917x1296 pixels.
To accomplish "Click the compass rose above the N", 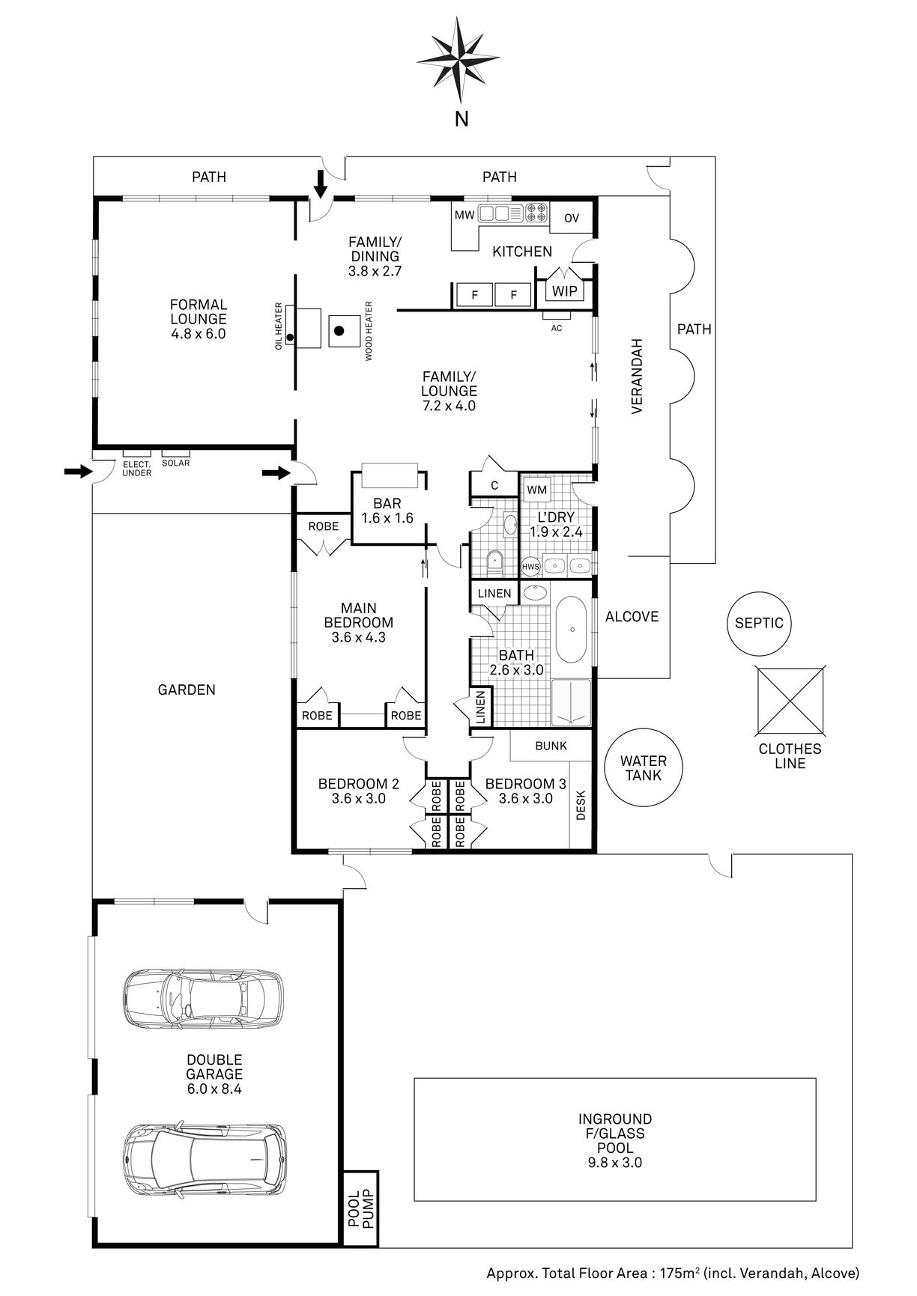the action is tap(458, 60).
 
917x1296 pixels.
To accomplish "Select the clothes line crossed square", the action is tap(790, 701).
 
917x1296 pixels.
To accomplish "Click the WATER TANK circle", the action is tap(644, 768).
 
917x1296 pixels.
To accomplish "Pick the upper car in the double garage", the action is tap(204, 999).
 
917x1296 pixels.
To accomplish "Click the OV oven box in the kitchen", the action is tap(572, 218).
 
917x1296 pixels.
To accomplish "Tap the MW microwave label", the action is tap(464, 216).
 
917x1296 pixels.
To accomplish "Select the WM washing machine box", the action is tap(537, 490).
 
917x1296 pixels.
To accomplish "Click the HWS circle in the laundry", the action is tap(530, 567).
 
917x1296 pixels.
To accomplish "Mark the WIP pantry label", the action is tap(565, 290).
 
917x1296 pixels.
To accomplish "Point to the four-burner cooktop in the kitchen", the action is tap(536, 213).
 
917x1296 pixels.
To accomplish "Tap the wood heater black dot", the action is tap(339, 330).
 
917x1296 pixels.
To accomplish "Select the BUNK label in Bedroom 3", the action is tap(551, 746).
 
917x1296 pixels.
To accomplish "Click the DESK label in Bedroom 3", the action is tap(581, 805).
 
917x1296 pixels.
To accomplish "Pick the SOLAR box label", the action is tap(176, 463).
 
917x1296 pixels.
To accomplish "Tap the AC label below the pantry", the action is tap(556, 328).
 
